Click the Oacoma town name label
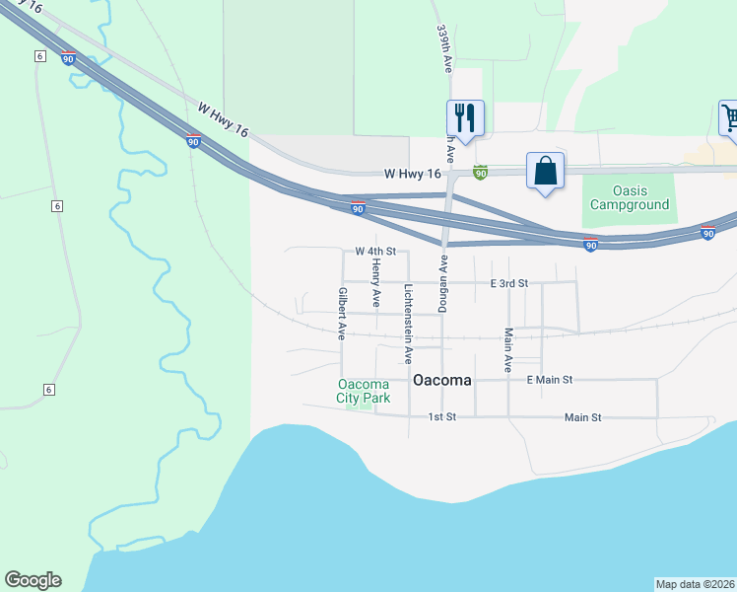point(442,380)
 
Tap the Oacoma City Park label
point(364,392)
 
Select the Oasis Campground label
point(629,198)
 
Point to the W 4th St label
point(375,252)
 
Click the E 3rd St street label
point(509,283)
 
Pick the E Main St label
point(550,379)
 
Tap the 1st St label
point(442,417)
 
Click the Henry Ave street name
point(376,282)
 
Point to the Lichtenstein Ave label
point(409,317)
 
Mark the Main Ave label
point(508,349)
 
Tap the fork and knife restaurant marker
point(465,118)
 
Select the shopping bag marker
point(545,171)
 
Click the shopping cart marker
point(729,118)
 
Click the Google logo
point(33,580)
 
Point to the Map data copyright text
point(695,583)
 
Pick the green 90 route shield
point(481,173)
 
